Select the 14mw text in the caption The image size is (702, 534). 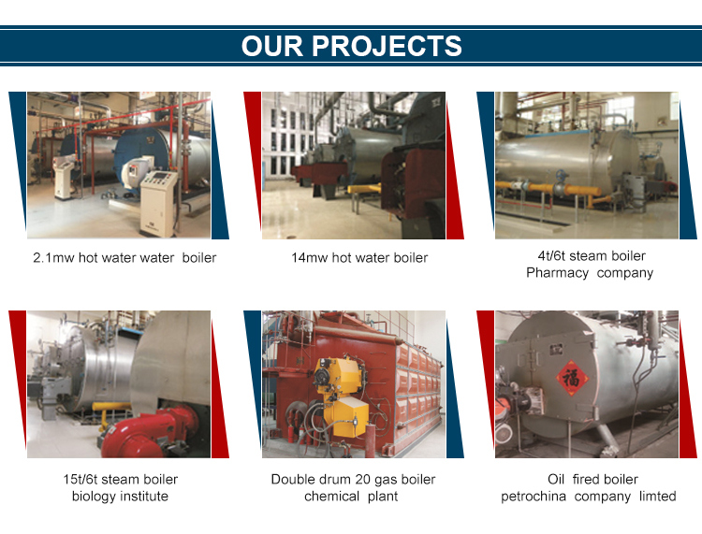pos(310,257)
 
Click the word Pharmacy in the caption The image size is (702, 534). pos(558,273)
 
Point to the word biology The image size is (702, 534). pos(94,497)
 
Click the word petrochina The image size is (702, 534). pos(534,497)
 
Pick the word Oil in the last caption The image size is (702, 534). pos(558,480)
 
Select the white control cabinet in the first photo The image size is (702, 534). pos(156,201)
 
